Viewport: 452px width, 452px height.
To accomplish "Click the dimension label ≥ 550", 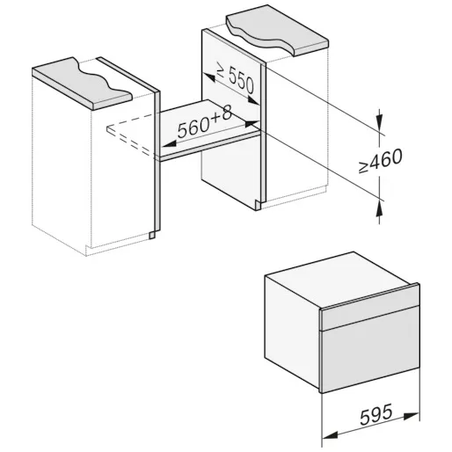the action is [235, 77].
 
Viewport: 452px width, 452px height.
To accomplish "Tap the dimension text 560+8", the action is [205, 122].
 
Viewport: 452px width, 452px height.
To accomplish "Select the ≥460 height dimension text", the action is [381, 161].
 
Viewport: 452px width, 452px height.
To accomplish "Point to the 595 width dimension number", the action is [375, 414].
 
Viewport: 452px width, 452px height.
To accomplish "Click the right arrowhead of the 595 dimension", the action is [411, 416].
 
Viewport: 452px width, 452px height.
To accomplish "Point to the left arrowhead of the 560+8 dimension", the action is [170, 143].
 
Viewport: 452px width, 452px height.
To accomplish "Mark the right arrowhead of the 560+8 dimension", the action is [252, 124].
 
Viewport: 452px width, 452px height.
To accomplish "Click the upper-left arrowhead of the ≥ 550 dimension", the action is [210, 78].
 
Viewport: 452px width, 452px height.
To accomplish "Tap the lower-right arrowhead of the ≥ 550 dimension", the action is [252, 100].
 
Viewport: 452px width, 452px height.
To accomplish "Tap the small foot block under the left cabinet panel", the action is [152, 235].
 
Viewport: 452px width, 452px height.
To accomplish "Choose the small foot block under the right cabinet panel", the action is [258, 206].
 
